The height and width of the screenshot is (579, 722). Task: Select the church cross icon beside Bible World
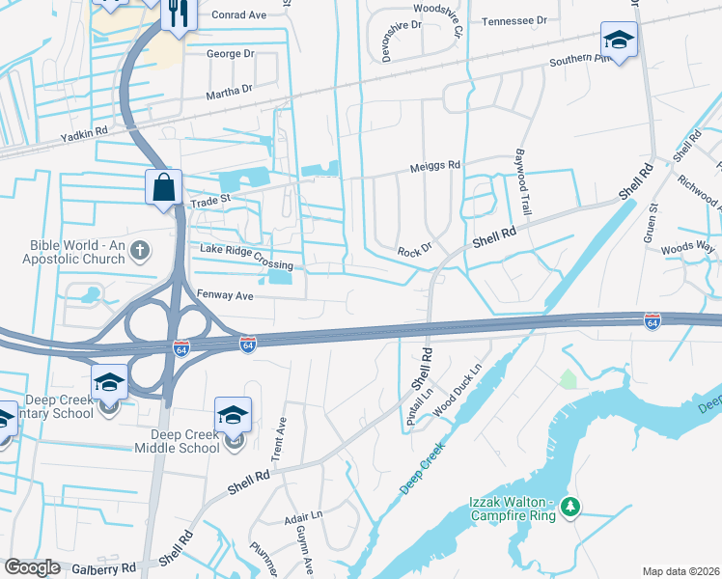(140, 252)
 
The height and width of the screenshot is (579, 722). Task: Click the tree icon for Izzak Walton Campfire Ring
(570, 506)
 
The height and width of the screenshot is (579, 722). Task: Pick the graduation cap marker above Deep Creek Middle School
(233, 415)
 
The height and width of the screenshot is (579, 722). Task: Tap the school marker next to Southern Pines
(618, 40)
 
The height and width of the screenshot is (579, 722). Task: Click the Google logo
(32, 567)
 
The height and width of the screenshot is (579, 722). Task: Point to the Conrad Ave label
(238, 14)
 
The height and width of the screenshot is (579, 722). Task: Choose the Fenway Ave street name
(224, 296)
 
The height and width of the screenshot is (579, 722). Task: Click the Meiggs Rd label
(435, 165)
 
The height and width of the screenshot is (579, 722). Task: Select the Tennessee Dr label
(514, 20)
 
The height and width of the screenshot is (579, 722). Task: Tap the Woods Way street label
(687, 248)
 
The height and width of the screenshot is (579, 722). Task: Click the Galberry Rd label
(102, 568)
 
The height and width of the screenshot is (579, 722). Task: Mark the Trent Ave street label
(282, 437)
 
